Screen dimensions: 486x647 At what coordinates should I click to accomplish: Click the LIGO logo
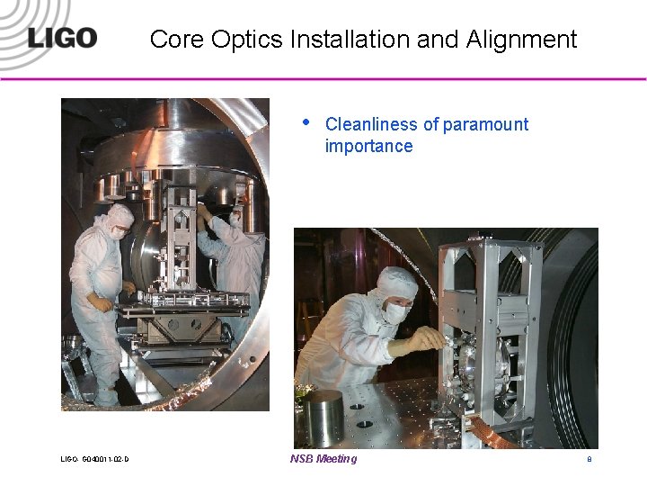click(61, 39)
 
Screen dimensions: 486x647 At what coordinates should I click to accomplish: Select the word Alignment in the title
click(521, 40)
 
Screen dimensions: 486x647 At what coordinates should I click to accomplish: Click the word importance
click(368, 146)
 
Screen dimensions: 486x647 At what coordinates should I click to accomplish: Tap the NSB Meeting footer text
click(323, 459)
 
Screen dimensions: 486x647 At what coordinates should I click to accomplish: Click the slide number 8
click(589, 460)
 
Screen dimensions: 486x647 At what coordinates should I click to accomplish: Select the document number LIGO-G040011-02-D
click(94, 460)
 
